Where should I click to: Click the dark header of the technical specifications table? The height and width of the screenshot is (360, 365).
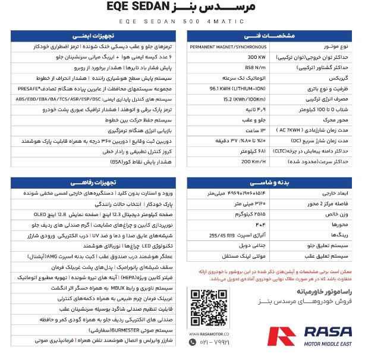tap(273, 35)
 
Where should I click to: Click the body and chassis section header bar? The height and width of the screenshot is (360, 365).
tap(273, 182)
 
